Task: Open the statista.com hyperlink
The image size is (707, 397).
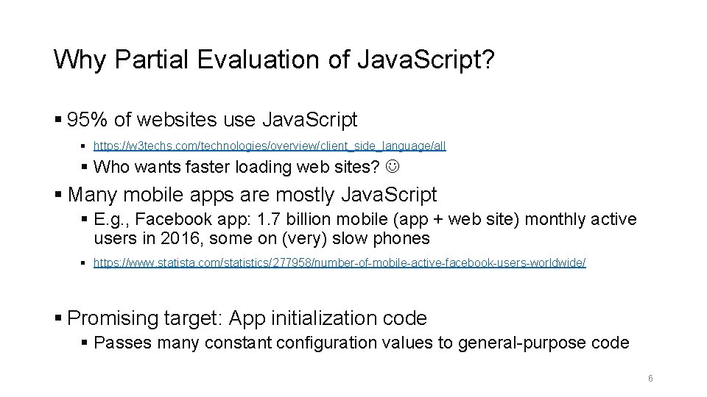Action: (340, 262)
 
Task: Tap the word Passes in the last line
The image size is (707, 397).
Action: (122, 342)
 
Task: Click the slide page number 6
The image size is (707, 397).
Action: (650, 378)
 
